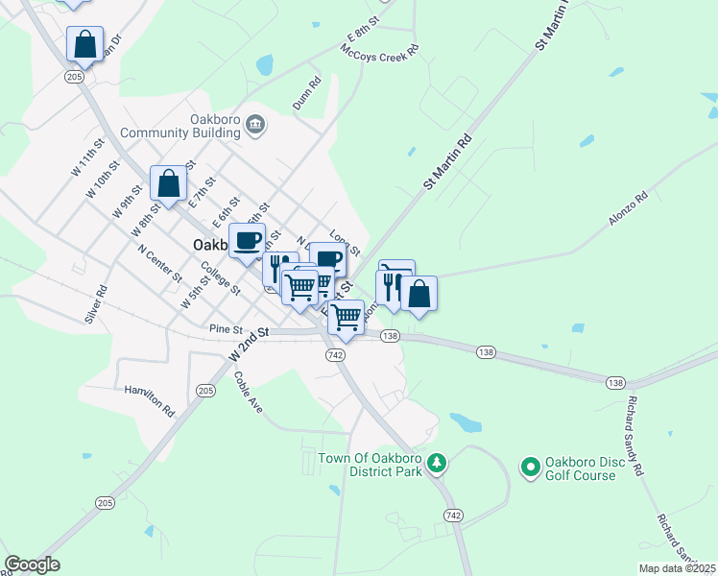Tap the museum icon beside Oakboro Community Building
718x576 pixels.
(255, 123)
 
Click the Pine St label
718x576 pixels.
(227, 329)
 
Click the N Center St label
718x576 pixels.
(159, 262)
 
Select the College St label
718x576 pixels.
(220, 279)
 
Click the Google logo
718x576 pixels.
(32, 564)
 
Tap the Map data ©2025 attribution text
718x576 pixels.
(677, 568)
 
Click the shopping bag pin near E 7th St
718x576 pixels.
(169, 183)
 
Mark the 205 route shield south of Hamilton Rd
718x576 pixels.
(105, 503)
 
